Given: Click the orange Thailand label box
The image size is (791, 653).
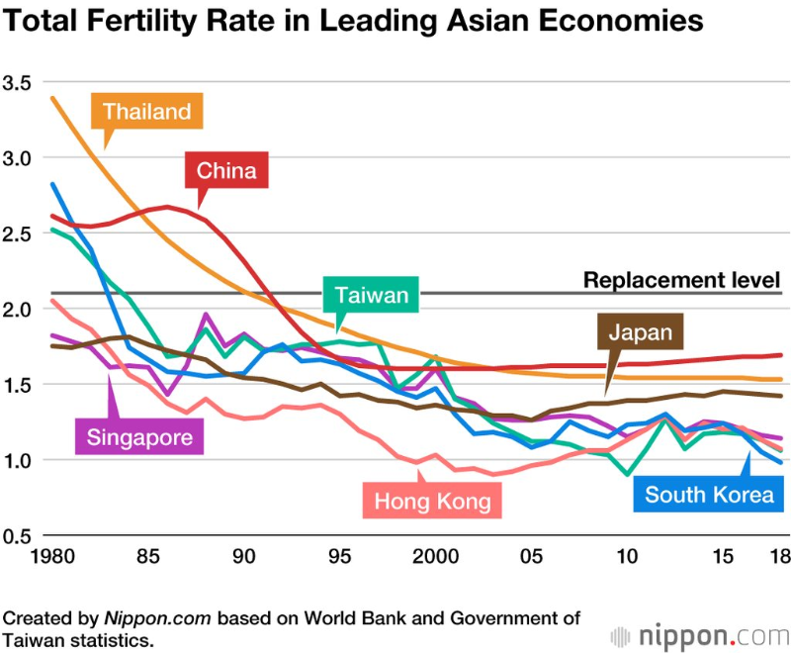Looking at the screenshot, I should point(146,111).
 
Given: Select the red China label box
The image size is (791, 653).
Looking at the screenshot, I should point(226,170).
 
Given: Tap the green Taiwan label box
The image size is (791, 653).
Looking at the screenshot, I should point(371,295).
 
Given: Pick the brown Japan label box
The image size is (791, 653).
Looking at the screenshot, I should point(640,331).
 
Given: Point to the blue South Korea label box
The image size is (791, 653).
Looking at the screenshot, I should point(709,494).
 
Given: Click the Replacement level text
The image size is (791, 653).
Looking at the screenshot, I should point(681,279).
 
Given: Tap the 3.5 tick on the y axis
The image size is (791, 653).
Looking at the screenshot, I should point(18,81).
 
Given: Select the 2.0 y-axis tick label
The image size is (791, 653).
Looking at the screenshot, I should point(18,309).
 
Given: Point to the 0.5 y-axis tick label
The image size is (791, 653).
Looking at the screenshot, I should point(18,536).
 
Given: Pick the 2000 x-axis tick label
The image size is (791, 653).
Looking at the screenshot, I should point(433,556).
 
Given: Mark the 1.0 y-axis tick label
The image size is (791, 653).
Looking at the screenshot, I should point(18,460).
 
